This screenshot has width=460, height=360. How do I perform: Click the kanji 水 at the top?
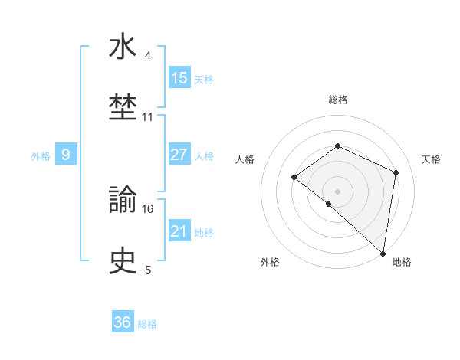tap(123, 47)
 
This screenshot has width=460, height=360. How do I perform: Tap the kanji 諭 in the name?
tap(123, 200)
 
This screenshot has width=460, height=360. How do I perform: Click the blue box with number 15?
tap(179, 78)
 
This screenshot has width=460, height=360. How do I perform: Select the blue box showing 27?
tap(179, 155)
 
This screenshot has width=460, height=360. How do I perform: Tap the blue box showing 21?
tap(179, 231)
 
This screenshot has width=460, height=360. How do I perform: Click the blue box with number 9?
tap(66, 155)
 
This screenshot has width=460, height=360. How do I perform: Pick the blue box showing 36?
tap(123, 322)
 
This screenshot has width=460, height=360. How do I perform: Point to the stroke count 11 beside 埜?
tap(148, 117)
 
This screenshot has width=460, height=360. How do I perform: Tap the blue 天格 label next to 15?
tap(204, 79)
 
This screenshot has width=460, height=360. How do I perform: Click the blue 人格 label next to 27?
tap(204, 155)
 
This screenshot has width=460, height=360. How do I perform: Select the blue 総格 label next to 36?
tap(147, 323)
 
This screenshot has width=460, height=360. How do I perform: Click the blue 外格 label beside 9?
tap(41, 155)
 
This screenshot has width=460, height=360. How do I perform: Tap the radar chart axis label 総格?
tap(337, 100)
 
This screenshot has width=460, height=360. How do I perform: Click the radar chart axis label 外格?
tap(270, 262)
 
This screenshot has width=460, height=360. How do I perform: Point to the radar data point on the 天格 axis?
tap(396, 172)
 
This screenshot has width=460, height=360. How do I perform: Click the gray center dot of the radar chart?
tap(337, 191)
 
